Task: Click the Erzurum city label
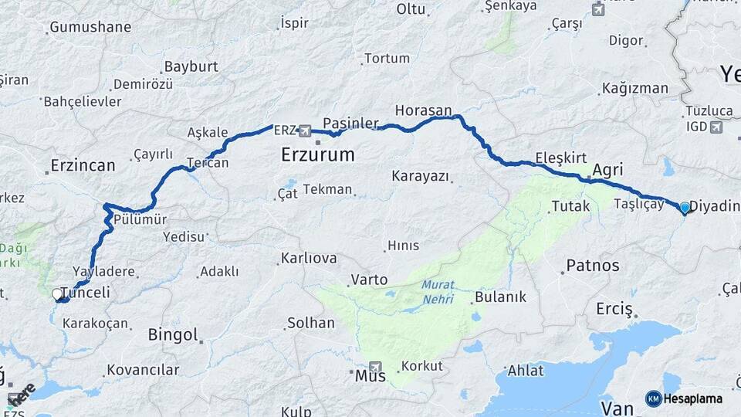coord(317,154)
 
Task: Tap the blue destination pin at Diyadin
coord(685,207)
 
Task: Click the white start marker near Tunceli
coord(57,294)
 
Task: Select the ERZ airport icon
coord(305,131)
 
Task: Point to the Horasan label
coord(423,111)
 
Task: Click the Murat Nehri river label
coord(438,292)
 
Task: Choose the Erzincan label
coord(83,164)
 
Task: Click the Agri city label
coord(607,170)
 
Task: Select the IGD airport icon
coord(716,127)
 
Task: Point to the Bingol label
coord(173,335)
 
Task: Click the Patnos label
coord(593,266)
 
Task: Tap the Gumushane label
coord(90,27)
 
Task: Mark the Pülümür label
coord(140,219)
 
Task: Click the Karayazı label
coord(420,176)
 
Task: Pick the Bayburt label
coord(191,66)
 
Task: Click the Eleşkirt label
coord(561,158)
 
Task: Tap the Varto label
coord(368,279)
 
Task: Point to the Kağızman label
coord(635,88)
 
